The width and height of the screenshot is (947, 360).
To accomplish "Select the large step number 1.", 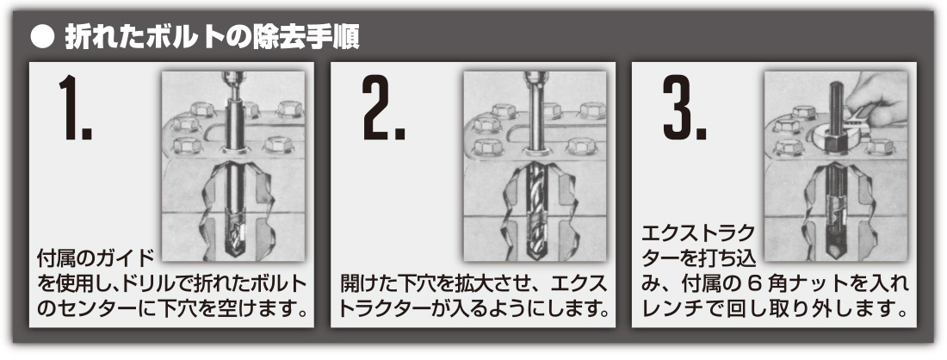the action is pos(74,109).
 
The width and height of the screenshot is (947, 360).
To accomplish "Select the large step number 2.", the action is pos(383,109).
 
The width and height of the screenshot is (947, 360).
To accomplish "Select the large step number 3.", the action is pos(684,109).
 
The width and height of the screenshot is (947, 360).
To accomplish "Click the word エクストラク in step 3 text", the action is pos(698,233).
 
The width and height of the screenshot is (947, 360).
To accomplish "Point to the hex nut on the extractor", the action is pos(835,143).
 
